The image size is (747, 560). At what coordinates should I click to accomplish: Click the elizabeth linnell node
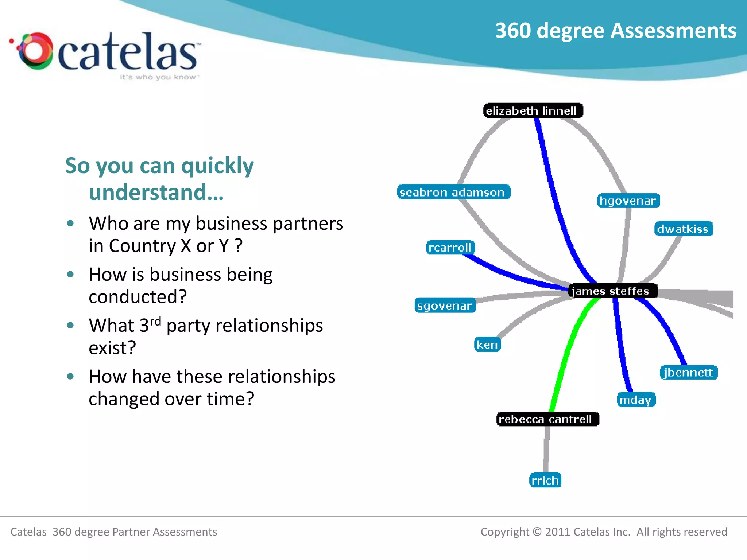533,110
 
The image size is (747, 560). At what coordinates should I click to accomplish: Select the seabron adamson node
453,192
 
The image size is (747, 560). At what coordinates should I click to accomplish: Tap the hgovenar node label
628,201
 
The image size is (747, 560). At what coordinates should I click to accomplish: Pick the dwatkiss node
683,229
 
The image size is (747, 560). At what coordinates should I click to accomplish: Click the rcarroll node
450,247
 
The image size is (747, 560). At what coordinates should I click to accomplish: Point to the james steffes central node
613,291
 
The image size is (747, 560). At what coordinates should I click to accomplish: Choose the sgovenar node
445,306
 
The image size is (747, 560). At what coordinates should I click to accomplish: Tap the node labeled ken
487,344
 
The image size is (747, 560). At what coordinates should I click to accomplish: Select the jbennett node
688,372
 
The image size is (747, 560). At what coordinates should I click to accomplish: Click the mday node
636,400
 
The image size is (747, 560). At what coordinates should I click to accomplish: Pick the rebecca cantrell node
547,419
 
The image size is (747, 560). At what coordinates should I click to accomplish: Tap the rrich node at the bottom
545,480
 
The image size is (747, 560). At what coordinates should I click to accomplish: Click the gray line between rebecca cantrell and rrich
546,448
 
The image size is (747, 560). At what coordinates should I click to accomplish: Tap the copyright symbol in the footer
537,532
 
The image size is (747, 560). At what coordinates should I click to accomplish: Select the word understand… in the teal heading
156,192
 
